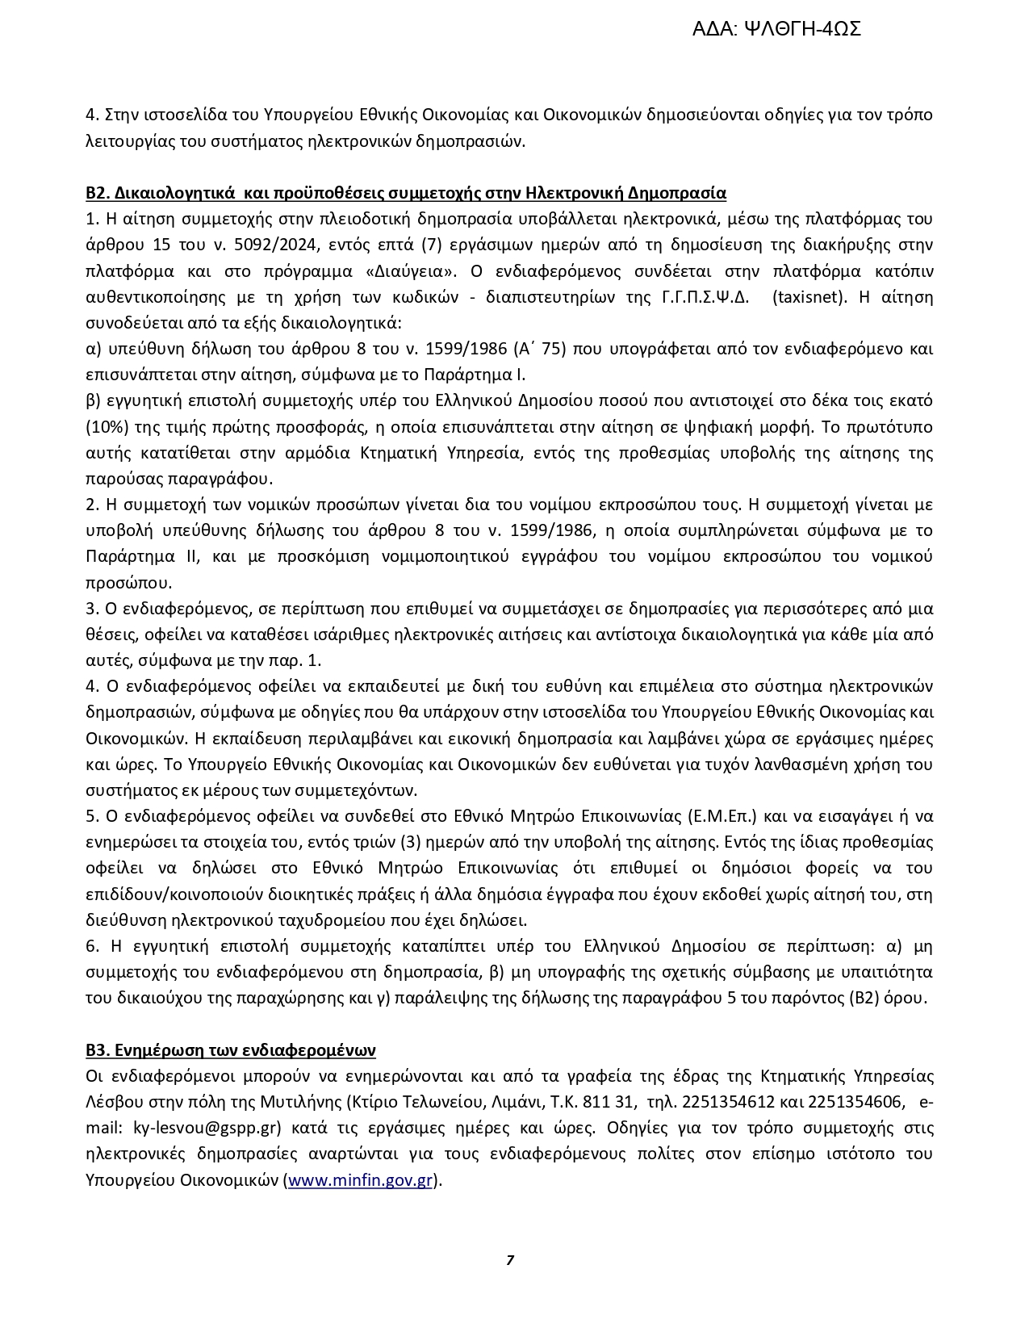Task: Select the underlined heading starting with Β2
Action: (406, 193)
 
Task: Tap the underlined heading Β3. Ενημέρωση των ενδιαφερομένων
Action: (231, 1050)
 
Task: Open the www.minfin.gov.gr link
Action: (360, 1180)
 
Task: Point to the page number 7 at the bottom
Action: (510, 1260)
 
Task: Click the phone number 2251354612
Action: (729, 1103)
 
